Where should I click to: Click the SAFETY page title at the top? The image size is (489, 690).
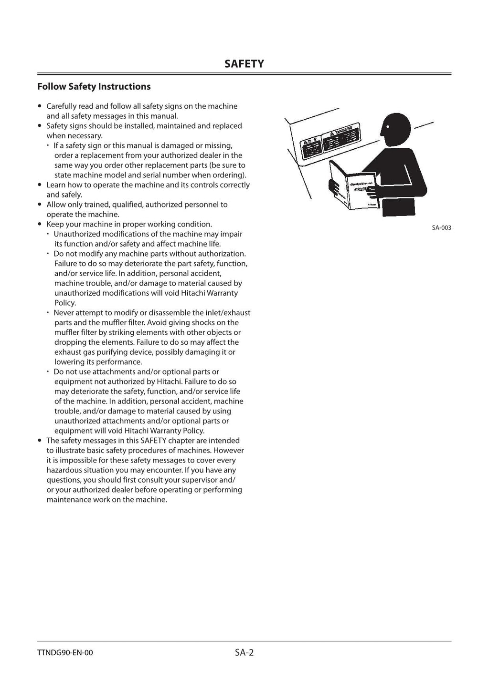[244, 64]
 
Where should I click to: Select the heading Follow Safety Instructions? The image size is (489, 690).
[94, 86]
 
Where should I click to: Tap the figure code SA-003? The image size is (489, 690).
[441, 228]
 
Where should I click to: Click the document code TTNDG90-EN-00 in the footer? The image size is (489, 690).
[65, 653]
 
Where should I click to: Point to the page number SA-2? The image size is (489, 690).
[244, 652]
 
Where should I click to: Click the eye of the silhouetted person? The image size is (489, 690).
[388, 127]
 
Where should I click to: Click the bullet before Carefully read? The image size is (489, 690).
[40, 106]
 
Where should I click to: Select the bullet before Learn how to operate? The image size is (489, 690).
[40, 185]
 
